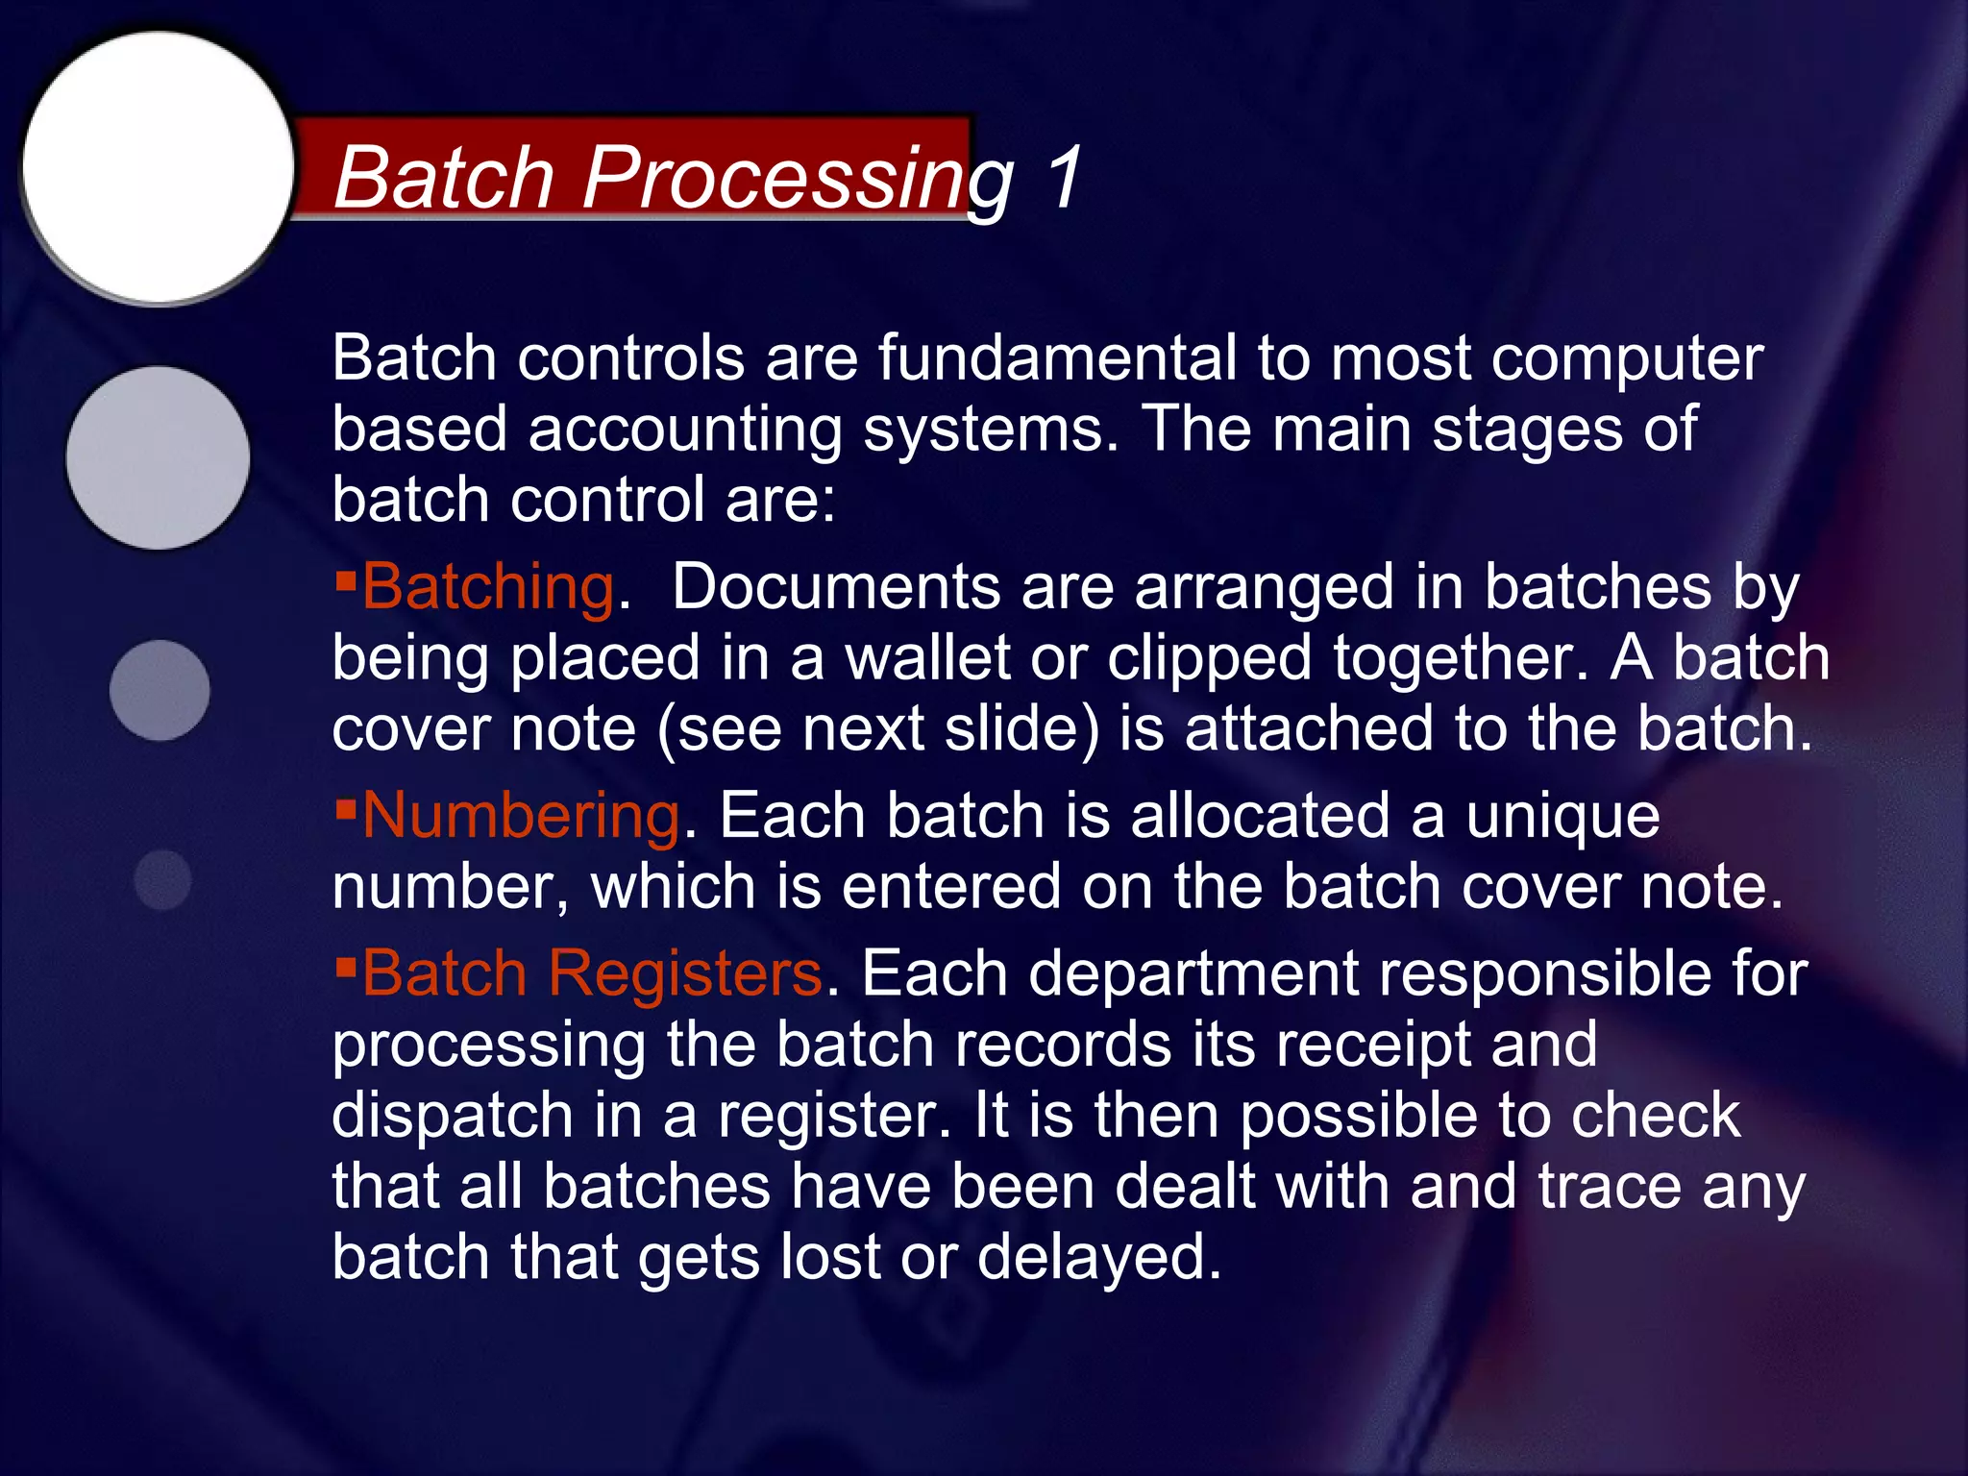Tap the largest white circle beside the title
[x=159, y=167]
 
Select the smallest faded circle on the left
[x=163, y=879]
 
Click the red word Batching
[x=488, y=586]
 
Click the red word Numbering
[x=521, y=816]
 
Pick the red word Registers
[x=684, y=972]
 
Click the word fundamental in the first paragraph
[x=1057, y=357]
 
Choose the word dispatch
[x=452, y=1117]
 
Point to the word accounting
[x=684, y=430]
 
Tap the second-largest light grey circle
[x=159, y=457]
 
